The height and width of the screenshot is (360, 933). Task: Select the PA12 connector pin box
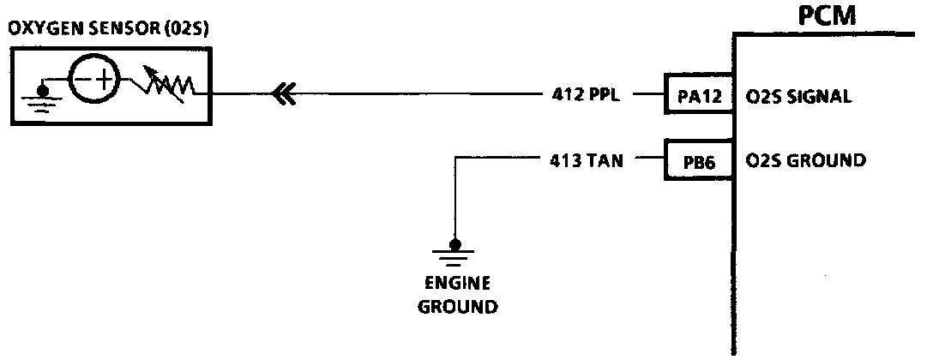[696, 96]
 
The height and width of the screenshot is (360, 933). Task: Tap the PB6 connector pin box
[696, 161]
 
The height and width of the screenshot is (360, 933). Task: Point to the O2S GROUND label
[805, 161]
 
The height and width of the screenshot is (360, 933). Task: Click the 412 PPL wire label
[590, 95]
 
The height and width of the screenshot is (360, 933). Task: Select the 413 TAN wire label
[589, 160]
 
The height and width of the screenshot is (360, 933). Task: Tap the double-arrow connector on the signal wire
[283, 93]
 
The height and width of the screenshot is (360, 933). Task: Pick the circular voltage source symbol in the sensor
[94, 82]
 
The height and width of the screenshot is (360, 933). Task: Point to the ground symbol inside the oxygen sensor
[40, 92]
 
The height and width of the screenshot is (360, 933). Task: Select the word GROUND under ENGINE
[456, 306]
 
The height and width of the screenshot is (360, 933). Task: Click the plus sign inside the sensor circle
[104, 82]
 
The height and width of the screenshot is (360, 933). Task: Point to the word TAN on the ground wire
[610, 160]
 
